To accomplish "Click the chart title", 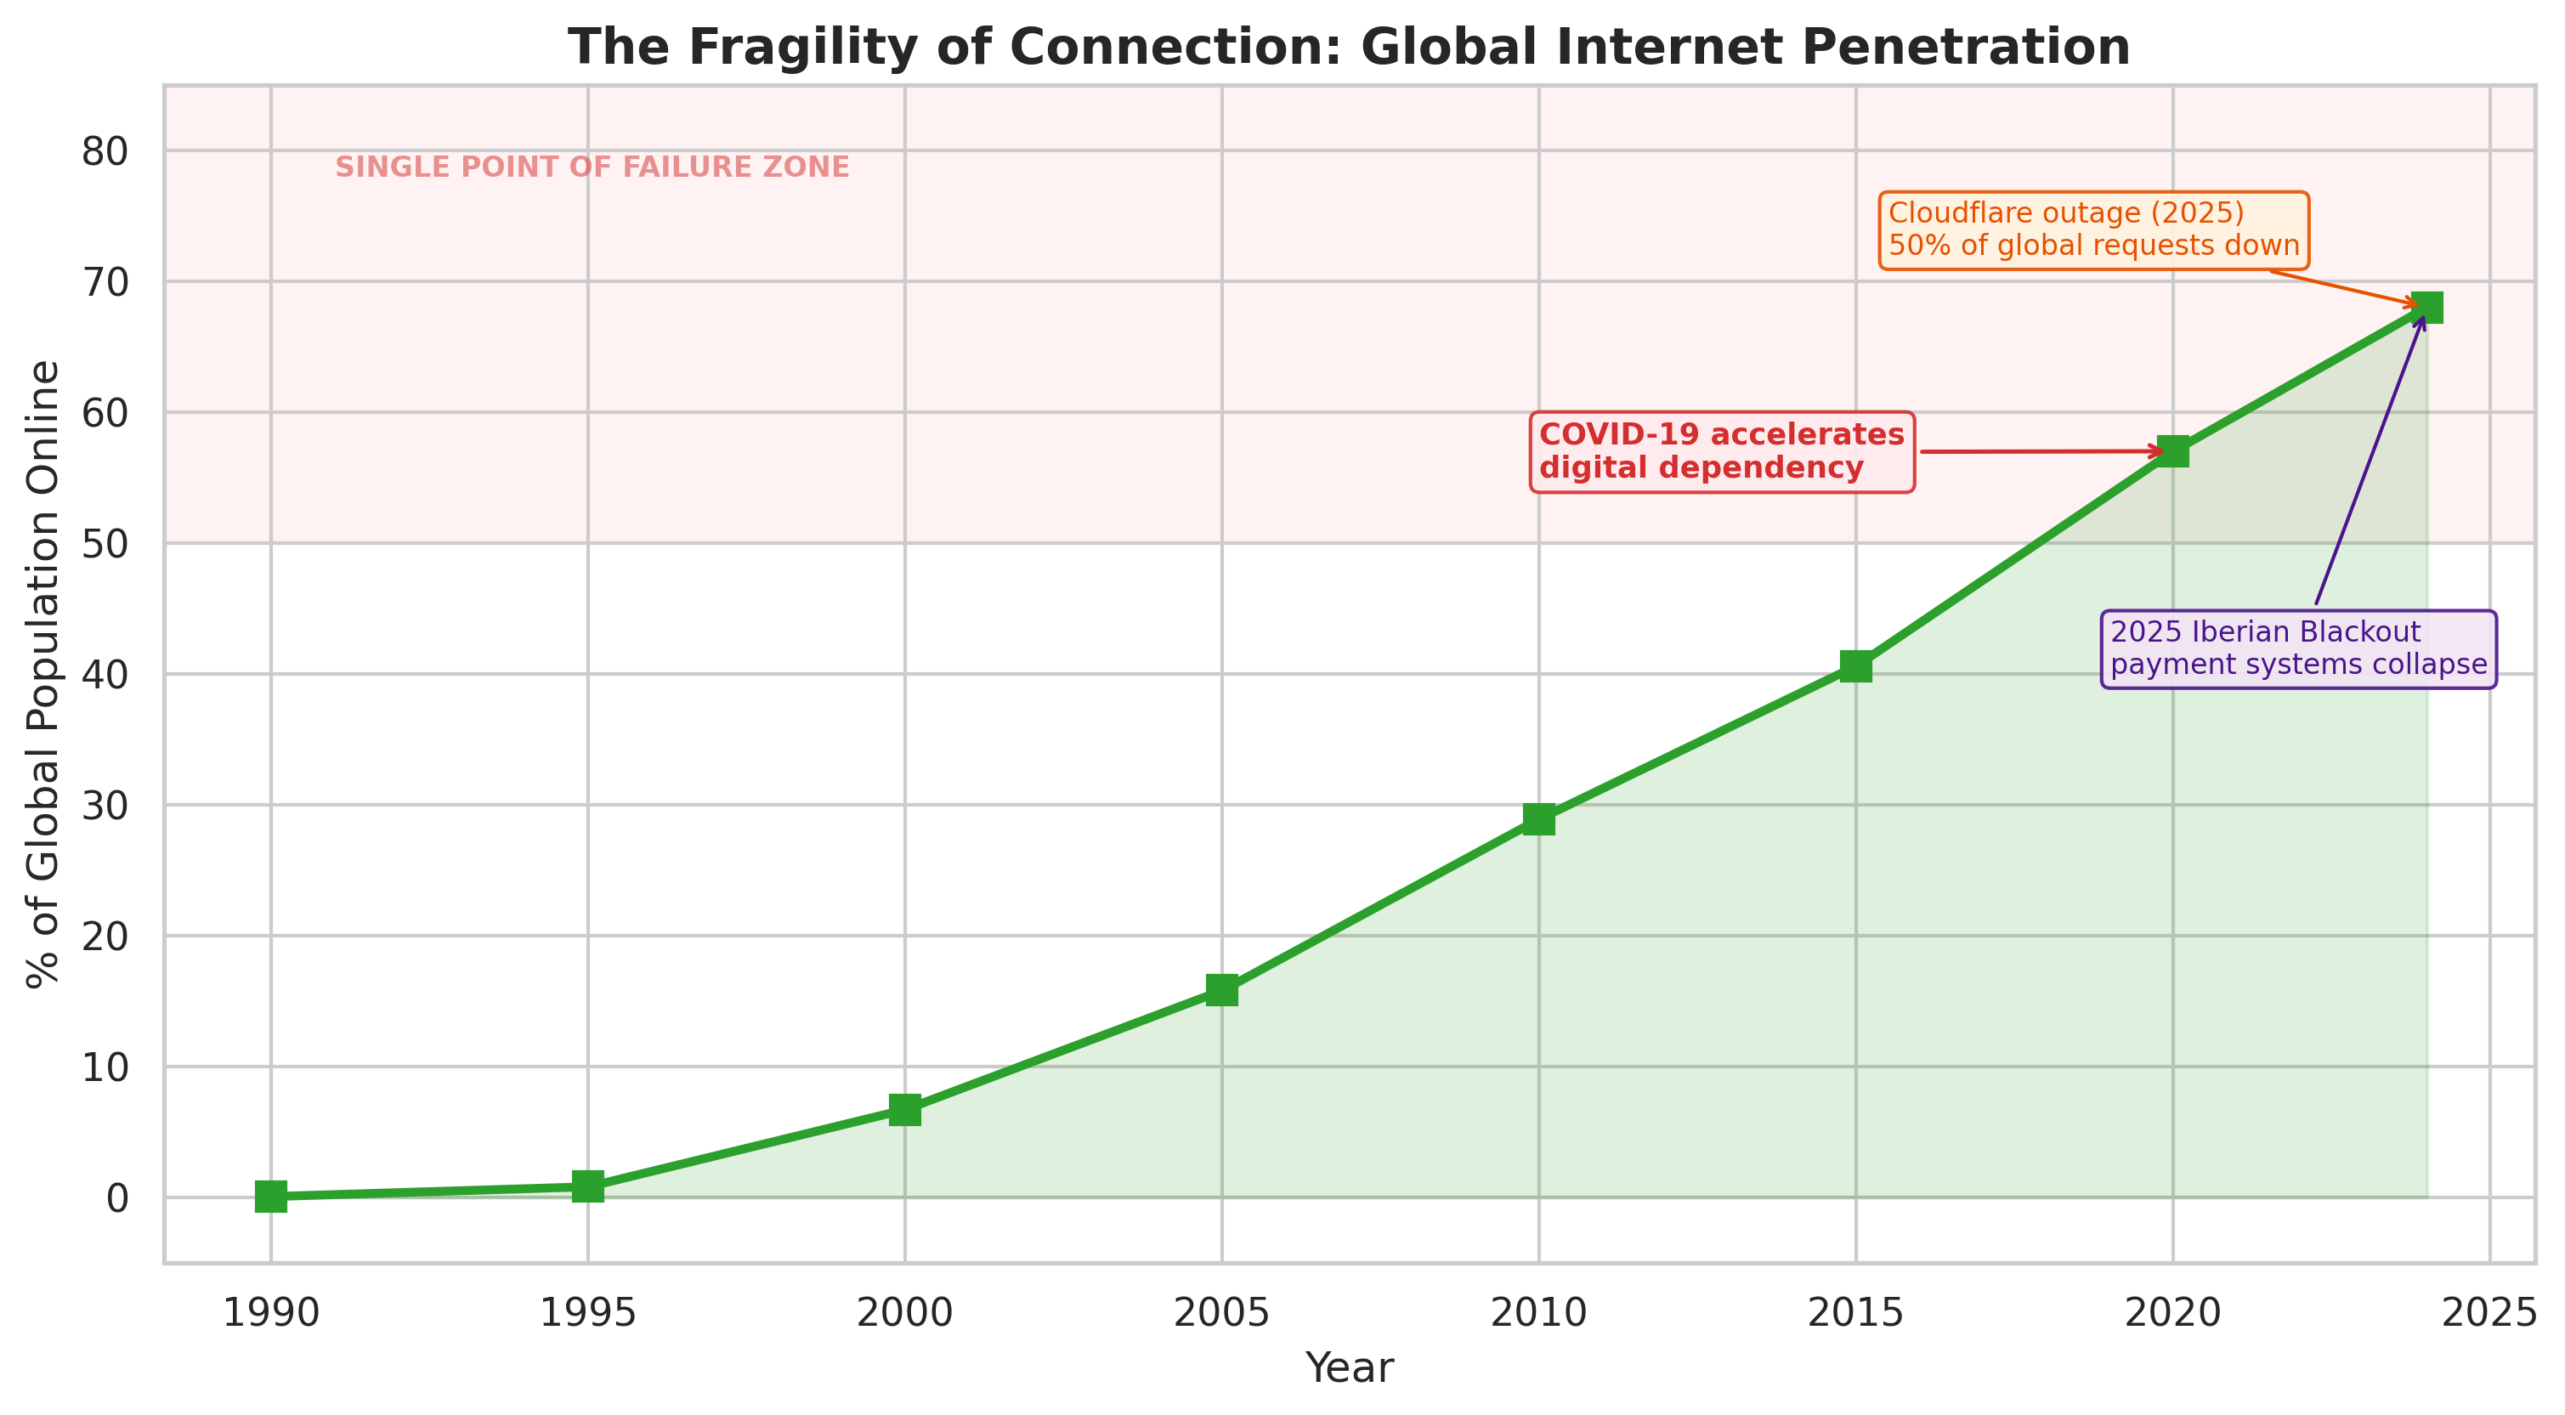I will tap(1349, 47).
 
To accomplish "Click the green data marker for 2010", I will tap(1538, 819).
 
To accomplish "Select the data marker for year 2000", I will tap(904, 1109).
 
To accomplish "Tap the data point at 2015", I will tap(1855, 666).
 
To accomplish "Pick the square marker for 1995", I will tap(587, 1186).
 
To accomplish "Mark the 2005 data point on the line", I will tap(1222, 990).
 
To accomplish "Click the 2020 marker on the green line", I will tap(2172, 451).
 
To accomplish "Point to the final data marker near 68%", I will tap(2426, 308).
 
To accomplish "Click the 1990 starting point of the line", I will tap(271, 1196).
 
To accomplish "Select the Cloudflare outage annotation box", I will tap(2093, 230).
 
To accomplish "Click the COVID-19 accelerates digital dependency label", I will tap(1722, 451).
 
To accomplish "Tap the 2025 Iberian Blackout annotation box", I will tap(2298, 648).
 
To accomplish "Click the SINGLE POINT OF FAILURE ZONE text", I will tap(592, 167).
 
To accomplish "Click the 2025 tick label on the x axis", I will tap(2489, 1315).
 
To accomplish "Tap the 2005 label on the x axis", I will tap(1222, 1315).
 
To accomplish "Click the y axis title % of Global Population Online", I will tap(44, 674).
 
